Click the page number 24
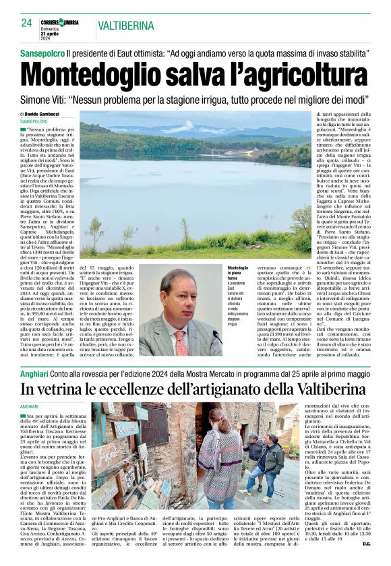click(x=26, y=23)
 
